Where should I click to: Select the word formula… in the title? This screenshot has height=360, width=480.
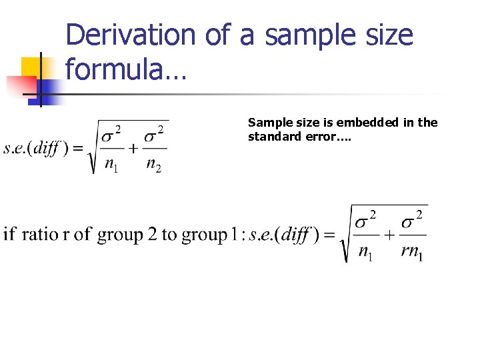click(126, 70)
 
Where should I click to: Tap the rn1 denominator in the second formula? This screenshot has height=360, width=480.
click(411, 252)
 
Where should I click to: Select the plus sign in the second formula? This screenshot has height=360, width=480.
click(387, 235)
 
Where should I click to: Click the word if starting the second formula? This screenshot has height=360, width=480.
click(10, 235)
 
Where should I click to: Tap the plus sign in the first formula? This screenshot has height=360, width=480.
click(133, 148)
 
